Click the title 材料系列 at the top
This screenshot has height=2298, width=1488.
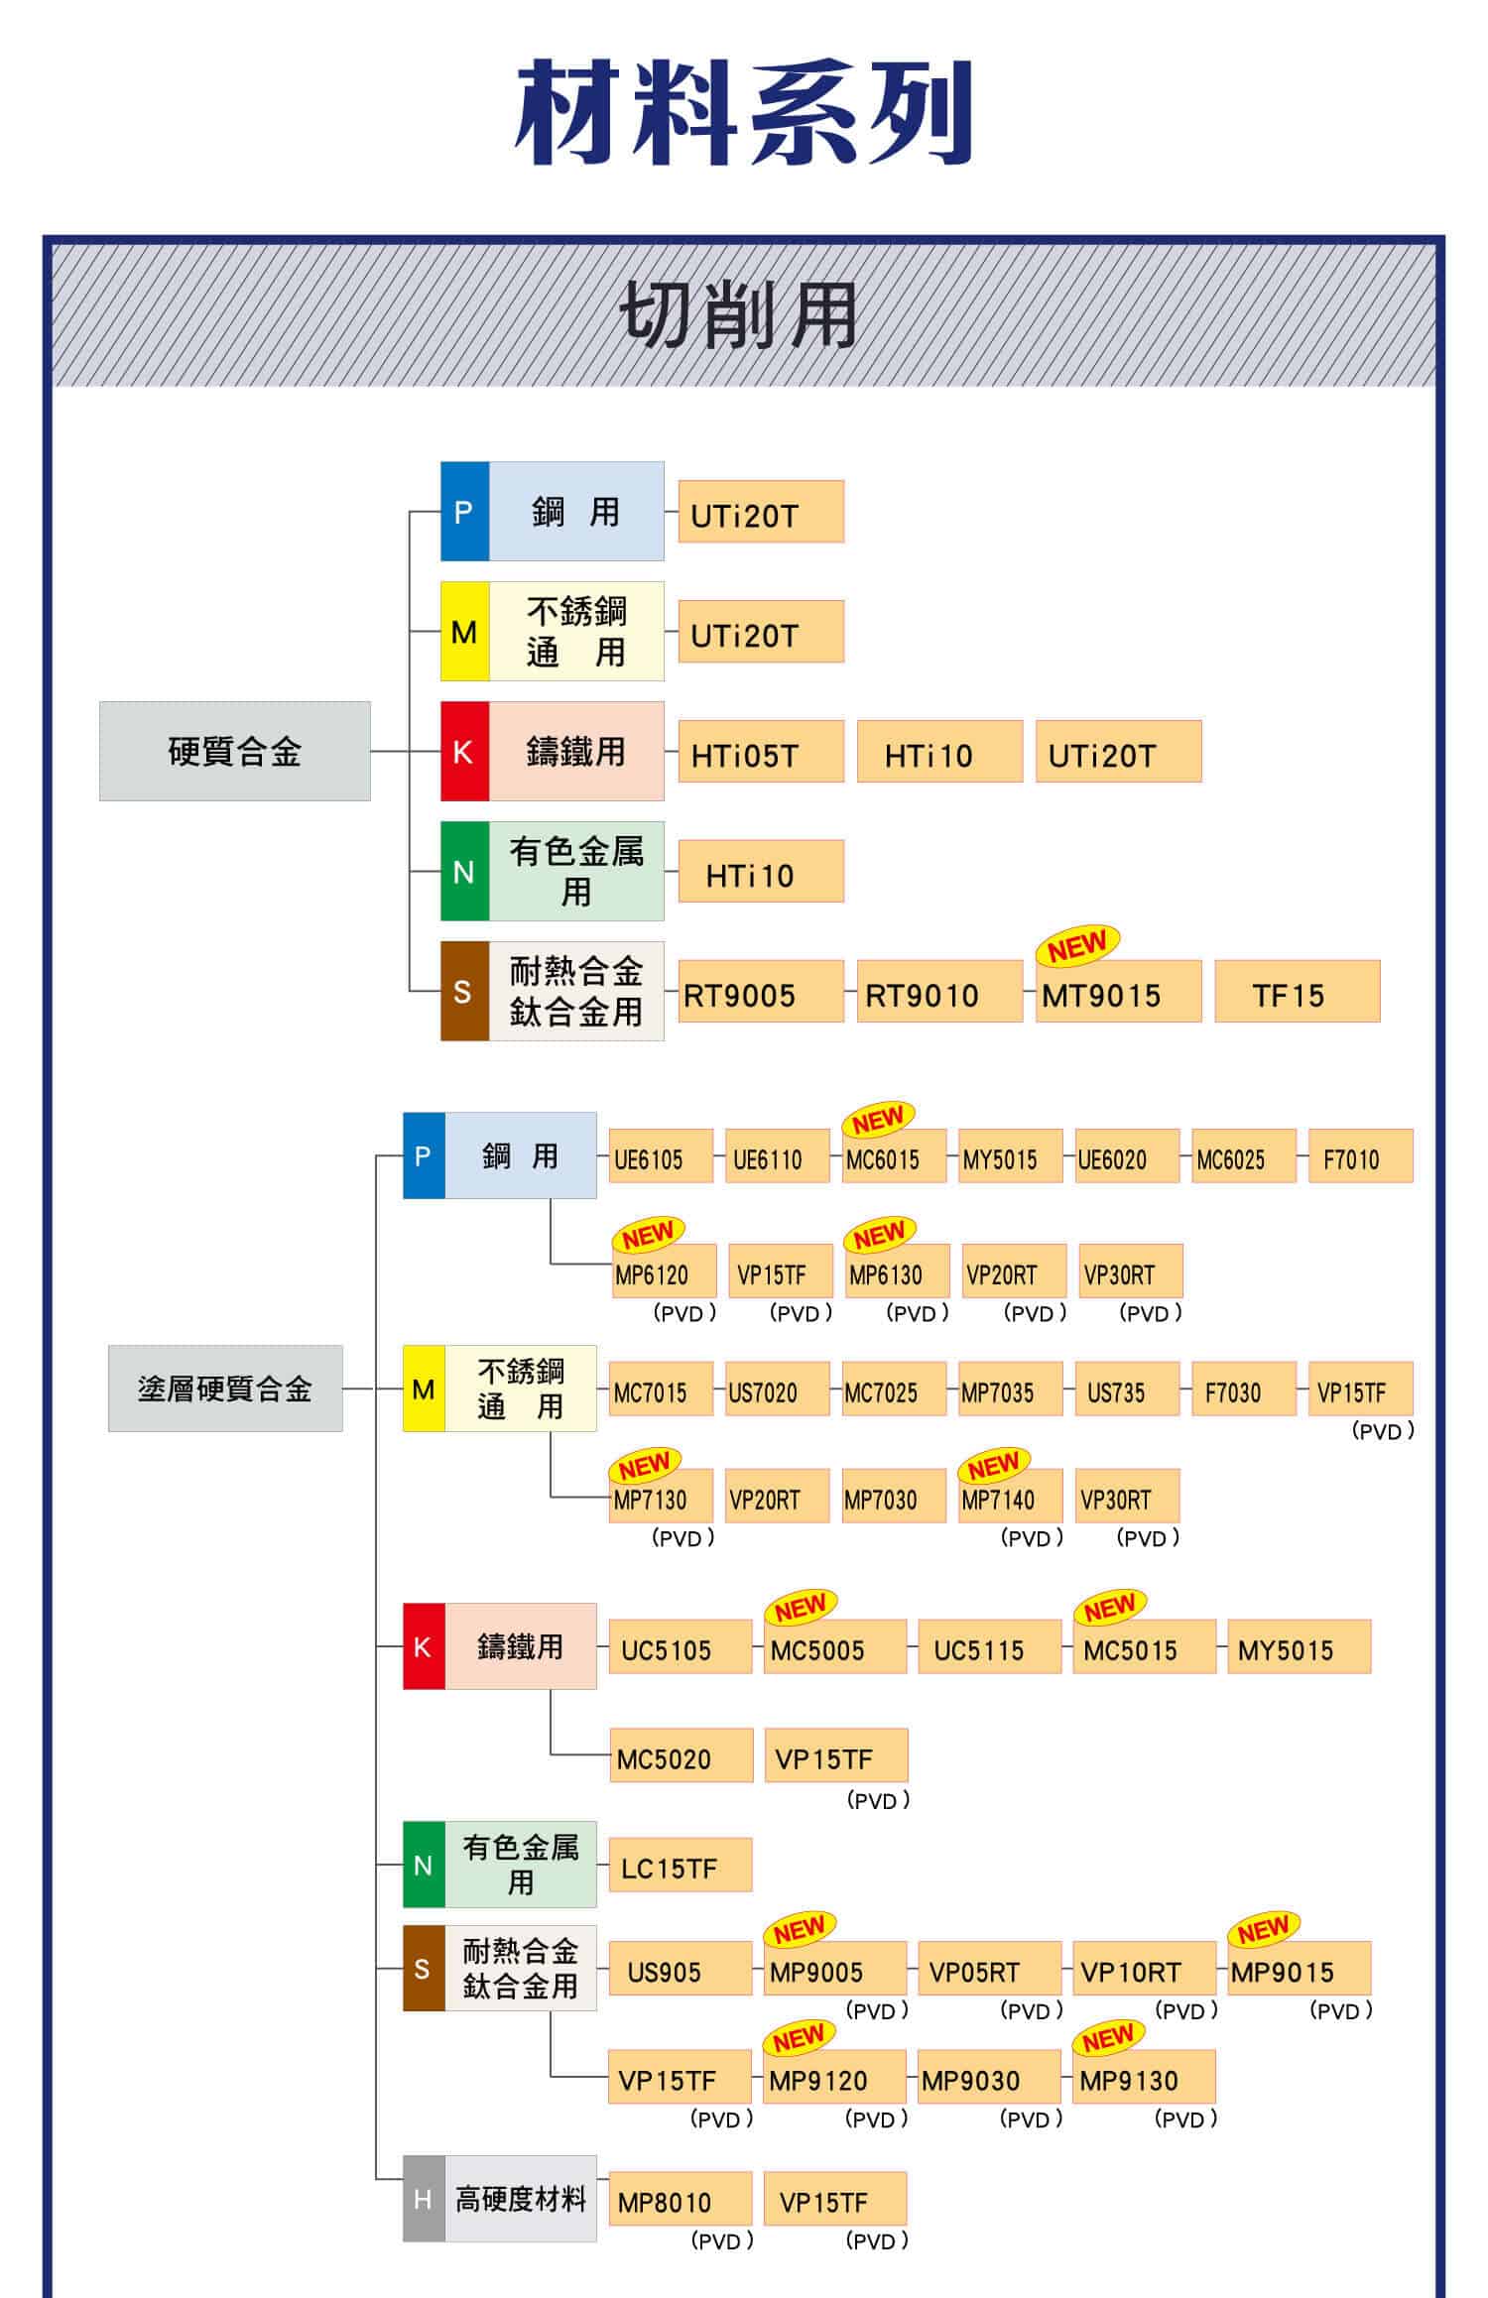pos(743,112)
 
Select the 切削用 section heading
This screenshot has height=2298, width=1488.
pos(738,316)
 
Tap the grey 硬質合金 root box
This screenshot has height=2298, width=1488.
pos(234,751)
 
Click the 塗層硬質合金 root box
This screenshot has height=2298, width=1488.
pos(225,1388)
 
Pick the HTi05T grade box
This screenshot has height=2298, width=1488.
pos(761,752)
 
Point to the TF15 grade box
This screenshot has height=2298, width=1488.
pos(1297,991)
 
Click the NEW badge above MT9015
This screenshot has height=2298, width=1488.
pos(1077,946)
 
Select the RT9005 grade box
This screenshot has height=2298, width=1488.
pos(761,991)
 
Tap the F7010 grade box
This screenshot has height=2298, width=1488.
pos(1360,1156)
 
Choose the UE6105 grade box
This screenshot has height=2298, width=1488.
pos(660,1156)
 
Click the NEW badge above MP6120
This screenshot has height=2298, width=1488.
pos(649,1235)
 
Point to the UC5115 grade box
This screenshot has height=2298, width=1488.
pos(989,1647)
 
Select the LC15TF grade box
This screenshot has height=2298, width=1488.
pos(680,1865)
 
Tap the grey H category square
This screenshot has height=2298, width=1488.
pos(424,2199)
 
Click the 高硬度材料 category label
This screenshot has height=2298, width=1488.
pos(521,2199)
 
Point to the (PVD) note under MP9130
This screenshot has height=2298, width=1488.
pos(1185,2119)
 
